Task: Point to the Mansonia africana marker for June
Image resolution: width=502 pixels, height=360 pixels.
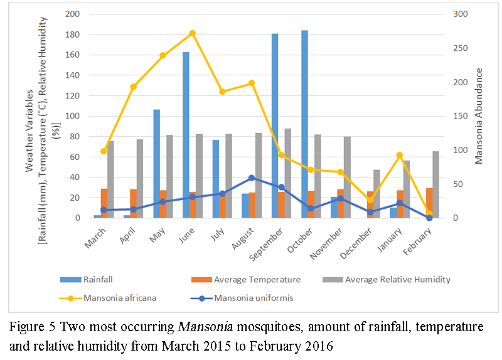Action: pyautogui.click(x=193, y=33)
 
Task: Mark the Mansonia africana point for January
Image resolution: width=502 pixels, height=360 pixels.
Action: pyautogui.click(x=400, y=155)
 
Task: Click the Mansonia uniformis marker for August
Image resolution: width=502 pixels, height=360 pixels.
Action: pyautogui.click(x=252, y=177)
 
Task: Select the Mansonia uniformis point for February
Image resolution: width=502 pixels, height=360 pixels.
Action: pyautogui.click(x=429, y=218)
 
